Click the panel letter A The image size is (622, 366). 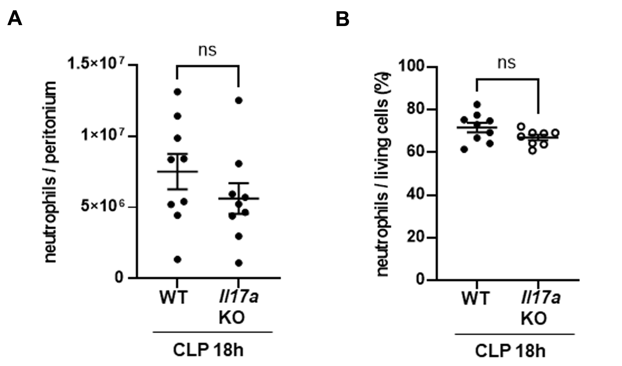[x=15, y=19]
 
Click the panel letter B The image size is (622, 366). [x=342, y=19]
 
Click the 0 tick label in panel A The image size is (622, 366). [x=119, y=278]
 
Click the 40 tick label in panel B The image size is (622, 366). [x=416, y=195]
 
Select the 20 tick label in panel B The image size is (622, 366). [x=416, y=238]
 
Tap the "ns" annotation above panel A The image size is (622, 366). [x=207, y=51]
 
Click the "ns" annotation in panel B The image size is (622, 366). [x=506, y=63]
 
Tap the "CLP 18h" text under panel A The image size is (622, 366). [x=208, y=350]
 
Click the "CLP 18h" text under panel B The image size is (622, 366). [x=510, y=351]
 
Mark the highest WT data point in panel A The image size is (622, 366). [x=177, y=92]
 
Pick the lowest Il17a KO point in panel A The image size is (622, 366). [x=239, y=263]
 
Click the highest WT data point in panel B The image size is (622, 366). [x=477, y=104]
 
